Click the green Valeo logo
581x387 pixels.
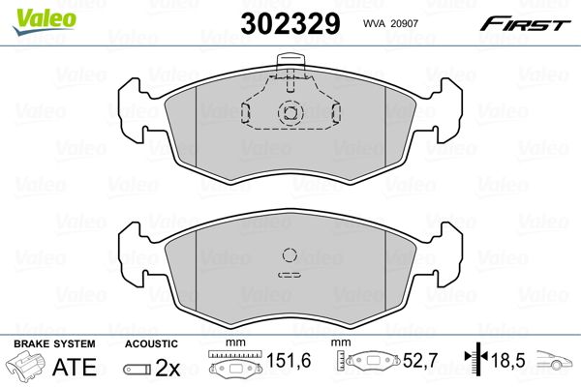(x=44, y=22)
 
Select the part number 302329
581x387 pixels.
(x=290, y=23)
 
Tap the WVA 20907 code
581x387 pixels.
(x=390, y=23)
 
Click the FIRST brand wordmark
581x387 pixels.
(x=525, y=24)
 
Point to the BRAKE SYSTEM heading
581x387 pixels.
(x=54, y=343)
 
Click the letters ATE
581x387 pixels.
(x=75, y=367)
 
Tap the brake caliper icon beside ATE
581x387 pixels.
(x=25, y=366)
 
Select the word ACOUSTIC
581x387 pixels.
(x=151, y=343)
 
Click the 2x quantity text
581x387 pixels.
(x=168, y=368)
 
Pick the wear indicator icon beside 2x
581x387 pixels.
(x=138, y=370)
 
